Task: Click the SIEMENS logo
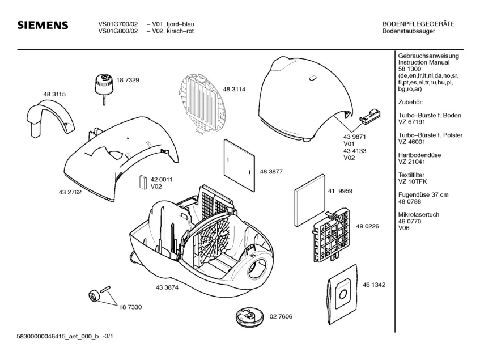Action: coord(43,26)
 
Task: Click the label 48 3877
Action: coord(271,171)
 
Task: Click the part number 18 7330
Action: coord(130,306)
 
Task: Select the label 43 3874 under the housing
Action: coord(167,287)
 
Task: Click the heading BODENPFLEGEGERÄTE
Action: coord(418,24)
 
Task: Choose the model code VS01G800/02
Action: coord(117,32)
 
